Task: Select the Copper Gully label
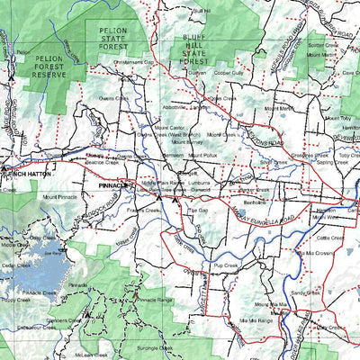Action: (229, 72)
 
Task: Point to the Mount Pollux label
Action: (204, 156)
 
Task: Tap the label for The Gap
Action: (197, 210)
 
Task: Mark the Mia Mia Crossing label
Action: (320, 254)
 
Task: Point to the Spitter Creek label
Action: (321, 44)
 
